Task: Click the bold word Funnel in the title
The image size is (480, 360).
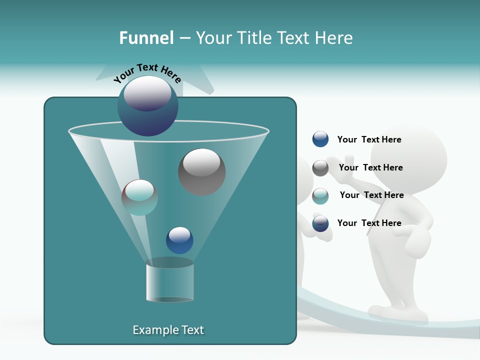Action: coord(146,38)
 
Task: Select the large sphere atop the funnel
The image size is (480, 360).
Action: coord(147,105)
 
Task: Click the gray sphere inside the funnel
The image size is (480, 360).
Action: coord(201,171)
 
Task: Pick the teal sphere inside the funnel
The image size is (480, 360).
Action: coord(139,197)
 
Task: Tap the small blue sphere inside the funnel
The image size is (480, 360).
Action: coord(179,240)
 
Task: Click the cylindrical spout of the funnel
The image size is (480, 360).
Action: coord(169,282)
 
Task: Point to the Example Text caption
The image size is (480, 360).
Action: coord(168,330)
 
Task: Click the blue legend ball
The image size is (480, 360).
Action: coord(320,139)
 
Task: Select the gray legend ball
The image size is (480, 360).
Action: coord(320,168)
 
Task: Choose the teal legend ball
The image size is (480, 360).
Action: coord(320,196)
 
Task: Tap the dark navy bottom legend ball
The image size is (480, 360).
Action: coord(320,223)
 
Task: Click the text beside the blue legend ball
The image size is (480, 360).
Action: coord(369,139)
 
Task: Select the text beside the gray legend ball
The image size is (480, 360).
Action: coord(370,167)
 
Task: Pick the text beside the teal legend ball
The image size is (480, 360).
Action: coord(371,195)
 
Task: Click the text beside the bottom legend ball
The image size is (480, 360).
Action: coord(369,223)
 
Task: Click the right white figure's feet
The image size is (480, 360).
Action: coord(400,312)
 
